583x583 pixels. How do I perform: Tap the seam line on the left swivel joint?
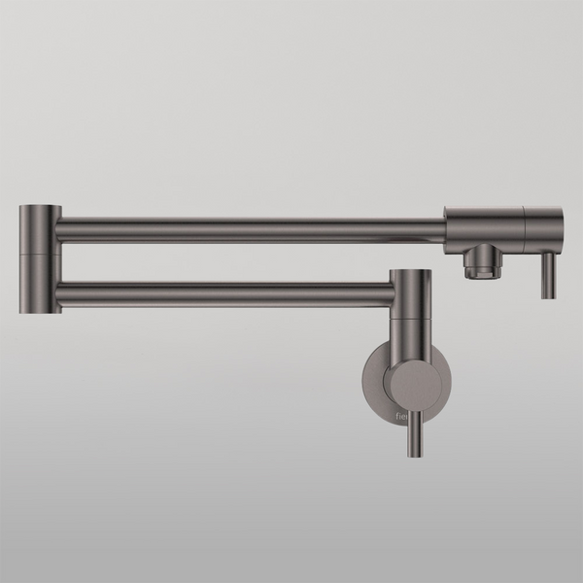[40, 250]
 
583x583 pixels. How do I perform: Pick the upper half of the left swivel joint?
[40, 226]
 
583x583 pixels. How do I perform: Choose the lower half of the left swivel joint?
[40, 282]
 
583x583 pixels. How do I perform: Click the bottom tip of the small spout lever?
[548, 295]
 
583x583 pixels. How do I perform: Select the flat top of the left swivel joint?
[40, 206]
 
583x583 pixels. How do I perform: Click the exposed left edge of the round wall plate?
[366, 383]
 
